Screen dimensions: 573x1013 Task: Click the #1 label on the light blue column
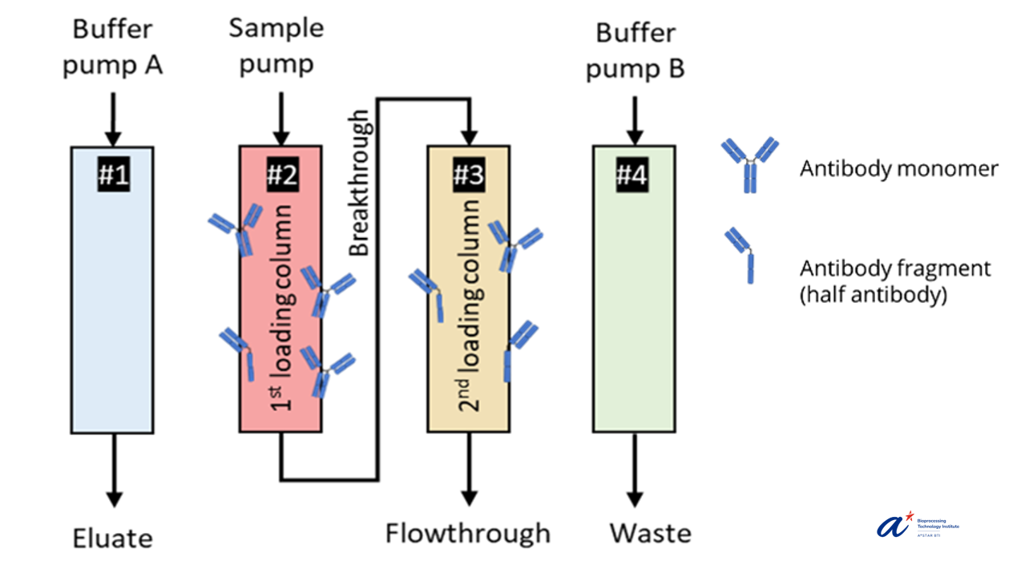tap(113, 175)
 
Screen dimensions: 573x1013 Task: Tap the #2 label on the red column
tap(280, 175)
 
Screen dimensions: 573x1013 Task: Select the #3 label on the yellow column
tap(468, 175)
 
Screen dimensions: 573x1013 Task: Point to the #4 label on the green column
tap(632, 175)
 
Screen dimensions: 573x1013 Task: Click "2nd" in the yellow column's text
tap(469, 395)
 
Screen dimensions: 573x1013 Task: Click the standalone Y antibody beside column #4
tap(750, 165)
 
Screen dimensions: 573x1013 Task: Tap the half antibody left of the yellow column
tap(428, 293)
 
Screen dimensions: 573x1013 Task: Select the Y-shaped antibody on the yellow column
tap(513, 244)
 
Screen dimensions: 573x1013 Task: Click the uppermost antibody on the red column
tap(239, 229)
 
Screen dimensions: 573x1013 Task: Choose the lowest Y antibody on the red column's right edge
tap(327, 371)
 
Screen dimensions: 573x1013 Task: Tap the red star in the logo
tap(909, 515)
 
